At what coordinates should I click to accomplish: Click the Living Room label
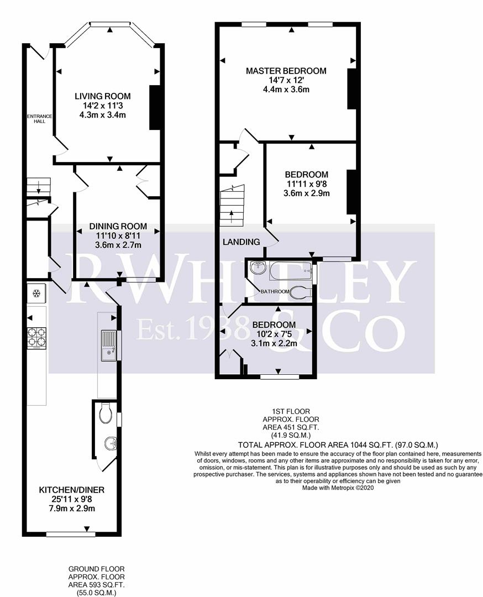[103, 96]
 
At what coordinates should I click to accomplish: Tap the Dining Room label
[118, 226]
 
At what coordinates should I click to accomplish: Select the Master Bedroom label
[286, 71]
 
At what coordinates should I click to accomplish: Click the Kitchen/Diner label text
[71, 490]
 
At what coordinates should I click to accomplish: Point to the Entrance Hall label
[40, 118]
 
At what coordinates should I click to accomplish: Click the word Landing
[241, 242]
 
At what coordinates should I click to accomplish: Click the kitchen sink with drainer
[109, 344]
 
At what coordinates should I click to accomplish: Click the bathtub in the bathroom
[290, 271]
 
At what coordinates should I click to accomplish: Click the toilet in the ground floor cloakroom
[106, 412]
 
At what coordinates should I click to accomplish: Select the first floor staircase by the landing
[232, 205]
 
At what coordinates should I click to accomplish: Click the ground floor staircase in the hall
[39, 186]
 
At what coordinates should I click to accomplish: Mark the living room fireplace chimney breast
[155, 108]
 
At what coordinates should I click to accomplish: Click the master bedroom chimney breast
[351, 88]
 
